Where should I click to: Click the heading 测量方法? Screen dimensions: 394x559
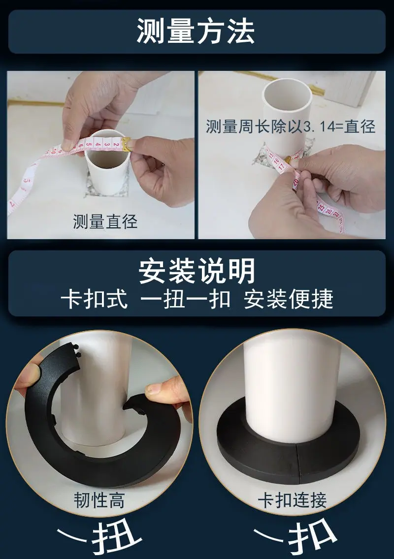point(196,31)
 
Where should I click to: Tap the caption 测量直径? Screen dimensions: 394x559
point(105,221)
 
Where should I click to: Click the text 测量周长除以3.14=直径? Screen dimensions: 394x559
point(291,126)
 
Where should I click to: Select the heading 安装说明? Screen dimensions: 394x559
point(197,271)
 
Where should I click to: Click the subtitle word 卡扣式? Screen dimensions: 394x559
point(94,299)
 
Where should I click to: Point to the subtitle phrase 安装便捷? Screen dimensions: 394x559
point(289,299)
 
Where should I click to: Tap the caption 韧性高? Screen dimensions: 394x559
point(99,500)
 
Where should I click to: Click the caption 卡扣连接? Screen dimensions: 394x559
point(292,500)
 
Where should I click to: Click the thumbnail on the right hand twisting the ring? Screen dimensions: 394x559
point(153,389)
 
